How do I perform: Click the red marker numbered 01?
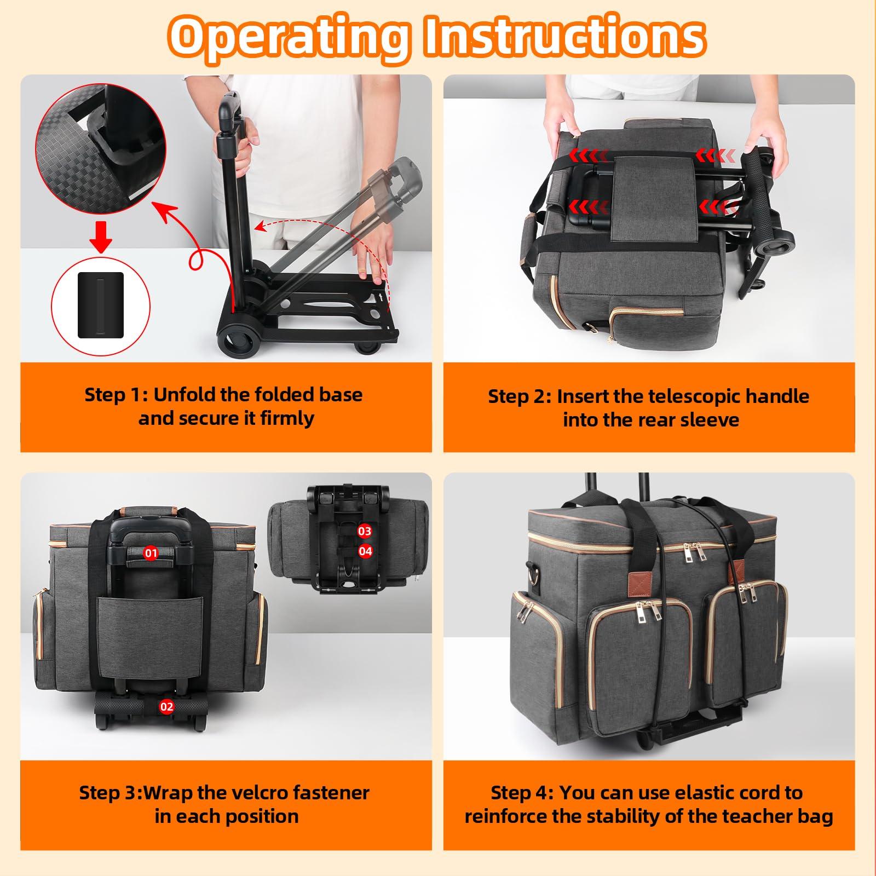(x=151, y=553)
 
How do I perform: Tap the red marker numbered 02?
(x=166, y=706)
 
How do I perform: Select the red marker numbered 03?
(x=365, y=531)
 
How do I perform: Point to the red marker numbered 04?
(x=365, y=551)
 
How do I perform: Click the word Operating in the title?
(x=289, y=37)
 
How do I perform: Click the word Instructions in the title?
(x=564, y=36)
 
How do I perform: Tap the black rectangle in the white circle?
(x=101, y=304)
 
